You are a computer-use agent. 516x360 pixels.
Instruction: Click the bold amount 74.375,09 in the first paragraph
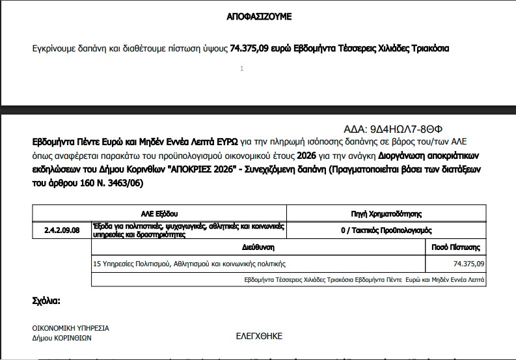tap(254, 48)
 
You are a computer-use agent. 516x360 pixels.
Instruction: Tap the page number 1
tap(241, 68)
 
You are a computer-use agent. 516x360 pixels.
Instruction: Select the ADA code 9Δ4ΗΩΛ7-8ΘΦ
tap(397, 128)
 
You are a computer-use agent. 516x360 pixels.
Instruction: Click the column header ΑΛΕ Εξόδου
tap(159, 214)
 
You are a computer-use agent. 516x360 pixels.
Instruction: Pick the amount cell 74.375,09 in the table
tap(468, 264)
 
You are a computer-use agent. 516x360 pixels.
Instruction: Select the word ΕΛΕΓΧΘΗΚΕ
tap(259, 337)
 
